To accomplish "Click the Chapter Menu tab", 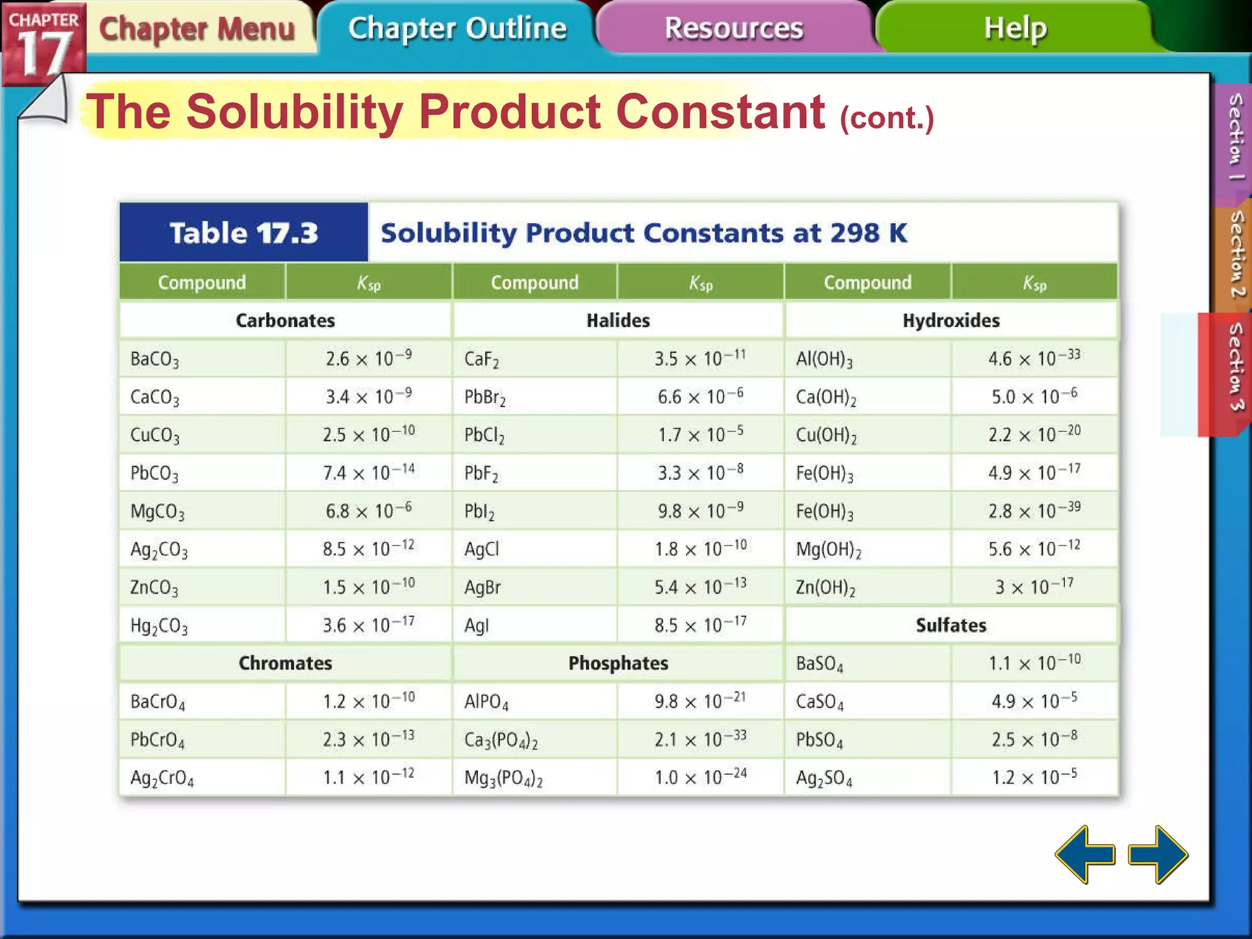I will click(x=197, y=29).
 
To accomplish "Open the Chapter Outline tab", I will click(x=457, y=28).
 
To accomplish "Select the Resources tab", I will click(x=734, y=28).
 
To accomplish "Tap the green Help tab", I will click(x=1015, y=28).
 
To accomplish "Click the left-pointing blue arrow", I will click(x=1084, y=855).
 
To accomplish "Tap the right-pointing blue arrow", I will click(x=1158, y=855).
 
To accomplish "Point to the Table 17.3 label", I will click(x=243, y=233).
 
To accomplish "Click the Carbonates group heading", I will click(x=285, y=320).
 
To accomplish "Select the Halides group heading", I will click(x=618, y=320).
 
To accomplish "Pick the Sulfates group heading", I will click(x=951, y=625).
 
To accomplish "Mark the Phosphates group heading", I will click(x=618, y=663).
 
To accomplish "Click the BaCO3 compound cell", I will click(x=155, y=359).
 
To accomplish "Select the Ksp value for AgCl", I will click(x=701, y=548).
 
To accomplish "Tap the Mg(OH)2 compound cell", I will click(x=828, y=550).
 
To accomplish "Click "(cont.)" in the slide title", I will click(x=886, y=117).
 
